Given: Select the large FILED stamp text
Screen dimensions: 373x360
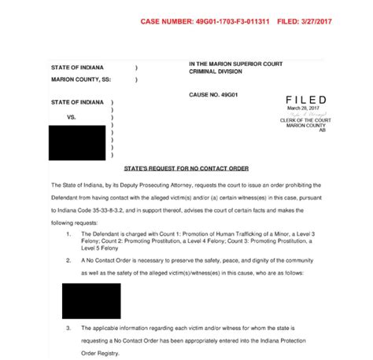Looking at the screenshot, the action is click(x=306, y=101).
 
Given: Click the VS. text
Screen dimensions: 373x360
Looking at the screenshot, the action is click(x=71, y=116).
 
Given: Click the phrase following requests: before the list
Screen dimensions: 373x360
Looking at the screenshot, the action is click(x=88, y=222).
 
